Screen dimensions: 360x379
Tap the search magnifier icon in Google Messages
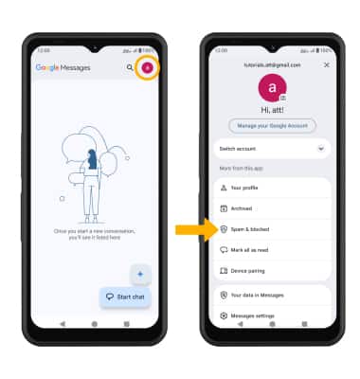click(130, 67)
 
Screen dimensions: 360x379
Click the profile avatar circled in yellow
click(147, 67)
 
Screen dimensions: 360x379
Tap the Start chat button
click(125, 297)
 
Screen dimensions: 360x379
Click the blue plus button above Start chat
click(140, 274)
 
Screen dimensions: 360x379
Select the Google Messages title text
click(63, 67)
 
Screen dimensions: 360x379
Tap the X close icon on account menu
click(327, 64)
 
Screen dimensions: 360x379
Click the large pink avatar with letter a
click(272, 88)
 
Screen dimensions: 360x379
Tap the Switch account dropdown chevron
click(321, 149)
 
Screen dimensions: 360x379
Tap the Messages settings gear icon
click(224, 316)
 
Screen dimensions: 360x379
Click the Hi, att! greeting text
click(272, 110)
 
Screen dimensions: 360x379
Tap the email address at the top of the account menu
click(272, 65)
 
